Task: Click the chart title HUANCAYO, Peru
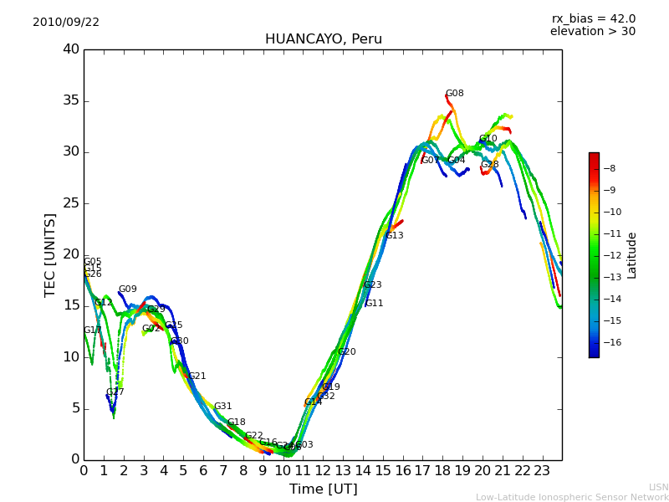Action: click(323, 39)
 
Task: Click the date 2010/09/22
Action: click(66, 23)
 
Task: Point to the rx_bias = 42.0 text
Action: click(593, 18)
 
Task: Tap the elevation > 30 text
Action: click(592, 32)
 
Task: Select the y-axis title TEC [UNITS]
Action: click(50, 254)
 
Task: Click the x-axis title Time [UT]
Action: click(323, 489)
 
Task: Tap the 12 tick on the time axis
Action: click(323, 471)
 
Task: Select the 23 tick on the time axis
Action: click(542, 471)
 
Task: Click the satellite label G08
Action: click(454, 94)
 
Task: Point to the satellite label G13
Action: click(395, 236)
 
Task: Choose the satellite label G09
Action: click(127, 289)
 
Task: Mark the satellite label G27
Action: click(115, 392)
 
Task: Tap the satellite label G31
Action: click(222, 407)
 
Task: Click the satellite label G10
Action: click(488, 139)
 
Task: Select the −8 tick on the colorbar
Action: click(609, 168)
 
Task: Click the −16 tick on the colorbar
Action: click(607, 342)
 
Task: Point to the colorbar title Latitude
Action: click(632, 255)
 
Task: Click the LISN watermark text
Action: click(658, 487)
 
